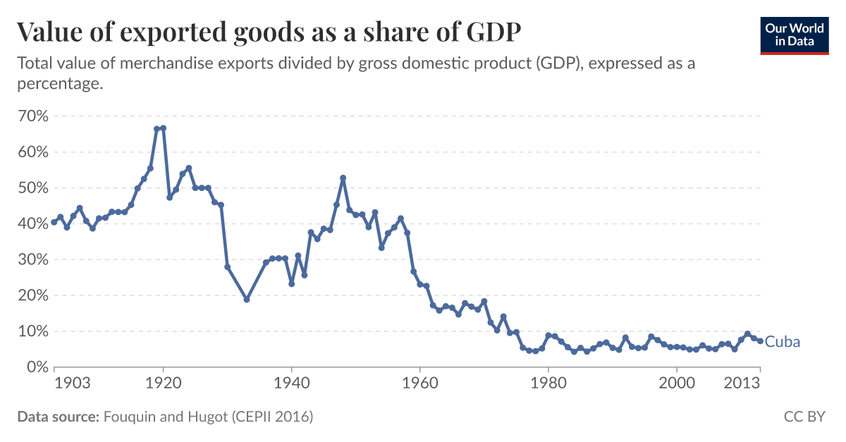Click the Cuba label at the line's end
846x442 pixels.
pyautogui.click(x=783, y=342)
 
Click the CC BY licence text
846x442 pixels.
pyautogui.click(x=804, y=417)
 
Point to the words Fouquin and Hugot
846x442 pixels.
pyautogui.click(x=161, y=417)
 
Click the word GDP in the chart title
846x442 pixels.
pyautogui.click(x=497, y=32)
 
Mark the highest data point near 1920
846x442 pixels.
pyautogui.click(x=163, y=128)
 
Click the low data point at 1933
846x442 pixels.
pyautogui.click(x=247, y=300)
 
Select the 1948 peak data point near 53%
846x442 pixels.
pyautogui.click(x=343, y=178)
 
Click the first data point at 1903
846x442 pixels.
pyautogui.click(x=54, y=223)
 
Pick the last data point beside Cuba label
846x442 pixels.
pyautogui.click(x=760, y=341)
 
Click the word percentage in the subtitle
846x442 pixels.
pyautogui.click(x=59, y=83)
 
